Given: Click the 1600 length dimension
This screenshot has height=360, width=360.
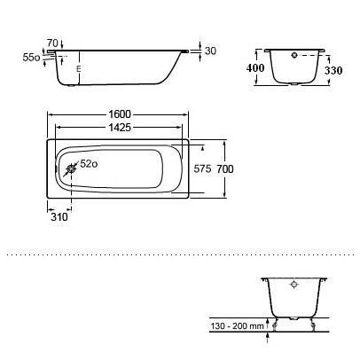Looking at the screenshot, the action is pos(120,114).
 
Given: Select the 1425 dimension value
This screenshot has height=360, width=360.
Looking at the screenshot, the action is pos(120,128).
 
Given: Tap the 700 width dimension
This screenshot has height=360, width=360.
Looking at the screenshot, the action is pos(225,169).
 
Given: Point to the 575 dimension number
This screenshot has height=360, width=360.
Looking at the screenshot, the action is pos(202,169).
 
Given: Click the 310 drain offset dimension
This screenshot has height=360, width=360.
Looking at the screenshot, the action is pos(59,217).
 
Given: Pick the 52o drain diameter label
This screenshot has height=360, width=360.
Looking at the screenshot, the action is pos(89,163).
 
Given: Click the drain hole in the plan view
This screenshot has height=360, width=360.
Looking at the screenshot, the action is pos(71,169).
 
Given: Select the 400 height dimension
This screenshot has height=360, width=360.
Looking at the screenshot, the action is pos(255,68).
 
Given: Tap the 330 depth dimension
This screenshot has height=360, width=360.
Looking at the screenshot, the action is pos(333,70).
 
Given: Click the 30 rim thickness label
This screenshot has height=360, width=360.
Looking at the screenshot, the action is pos(210,51).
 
